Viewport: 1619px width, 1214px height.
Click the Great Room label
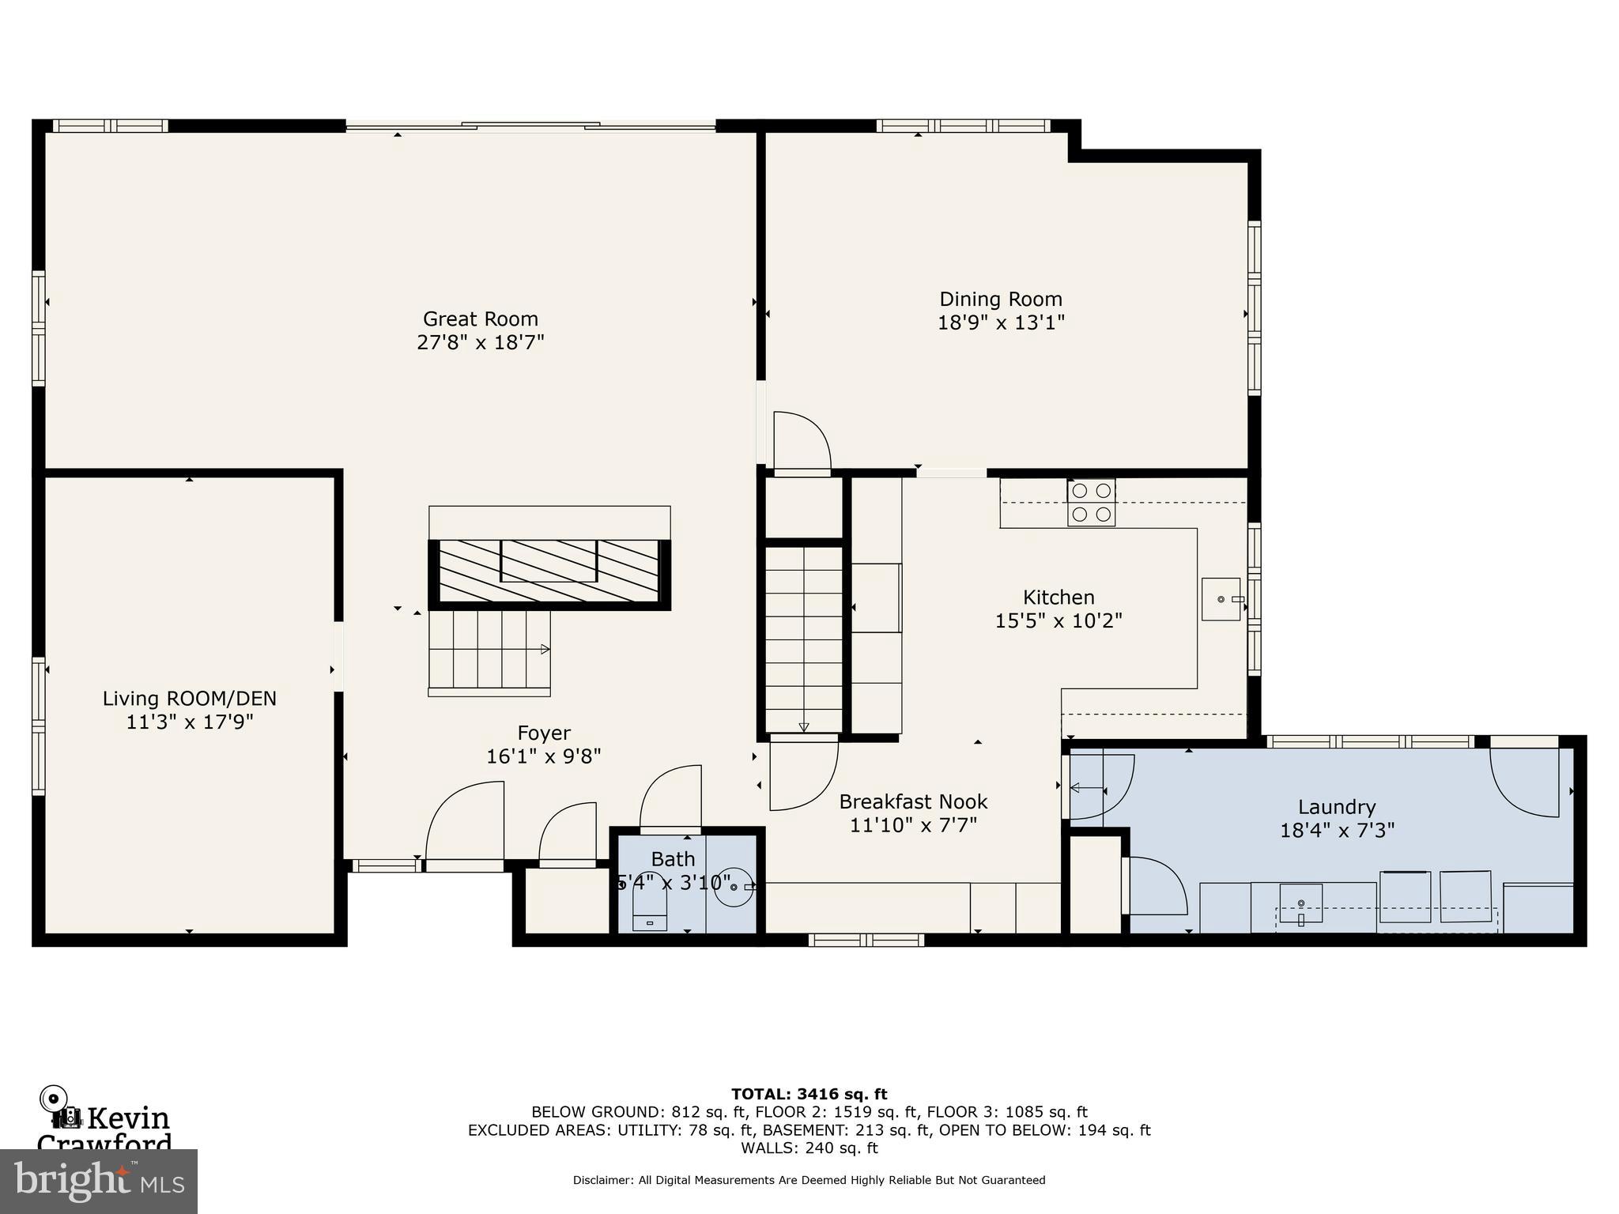point(480,319)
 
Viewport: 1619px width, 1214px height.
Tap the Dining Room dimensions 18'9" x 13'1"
point(1001,323)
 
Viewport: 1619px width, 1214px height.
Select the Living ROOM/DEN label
point(189,699)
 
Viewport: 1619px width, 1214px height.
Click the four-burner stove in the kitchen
point(1091,503)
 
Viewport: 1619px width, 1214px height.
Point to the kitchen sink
point(1221,599)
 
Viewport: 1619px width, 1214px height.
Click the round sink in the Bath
point(733,886)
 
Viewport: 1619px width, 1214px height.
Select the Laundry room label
point(1336,807)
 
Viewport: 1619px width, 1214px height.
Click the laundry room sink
point(1301,905)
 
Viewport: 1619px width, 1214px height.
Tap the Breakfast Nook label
point(913,802)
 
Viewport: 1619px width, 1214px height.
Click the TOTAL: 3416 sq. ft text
point(809,1095)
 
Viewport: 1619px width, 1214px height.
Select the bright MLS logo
point(99,1181)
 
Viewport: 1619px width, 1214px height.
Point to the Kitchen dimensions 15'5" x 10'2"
point(1058,621)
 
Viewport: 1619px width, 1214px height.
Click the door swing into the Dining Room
point(802,443)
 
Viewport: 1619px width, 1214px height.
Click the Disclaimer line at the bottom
point(809,1180)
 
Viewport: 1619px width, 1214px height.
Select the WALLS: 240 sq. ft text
point(809,1148)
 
